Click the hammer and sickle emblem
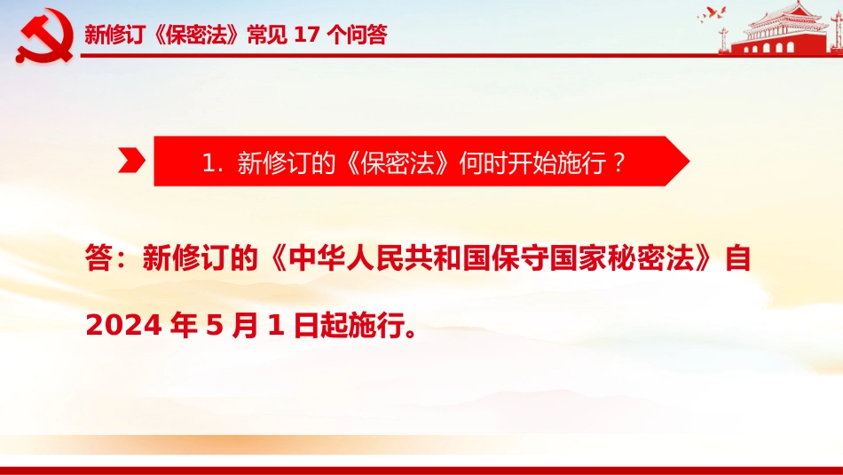45,36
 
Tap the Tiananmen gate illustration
781,28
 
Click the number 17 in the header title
307,35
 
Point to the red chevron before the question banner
131,161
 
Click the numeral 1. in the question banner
212,162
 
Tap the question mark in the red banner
619,162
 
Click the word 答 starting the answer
98,257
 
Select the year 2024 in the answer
123,325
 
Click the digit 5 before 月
214,325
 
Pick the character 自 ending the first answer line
737,257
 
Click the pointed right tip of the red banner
689,161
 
